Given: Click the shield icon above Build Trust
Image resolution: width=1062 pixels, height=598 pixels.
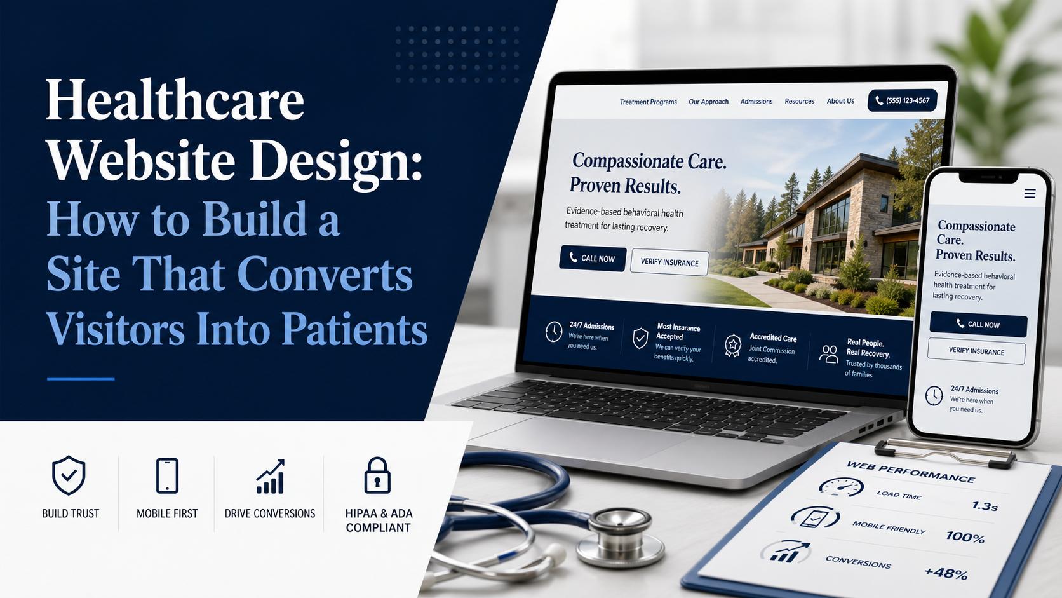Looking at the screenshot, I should pos(69,475).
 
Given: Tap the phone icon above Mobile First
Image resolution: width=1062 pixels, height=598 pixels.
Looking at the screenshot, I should pos(167,475).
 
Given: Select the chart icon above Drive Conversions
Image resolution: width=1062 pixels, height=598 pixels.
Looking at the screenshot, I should pos(270,477).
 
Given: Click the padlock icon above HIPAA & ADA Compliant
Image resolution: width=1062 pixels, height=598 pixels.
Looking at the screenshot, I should pos(377,475).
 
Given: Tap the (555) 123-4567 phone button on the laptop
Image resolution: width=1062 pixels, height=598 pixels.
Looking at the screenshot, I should pos(902,100).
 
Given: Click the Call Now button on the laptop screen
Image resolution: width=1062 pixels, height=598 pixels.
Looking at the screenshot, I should pos(593,258).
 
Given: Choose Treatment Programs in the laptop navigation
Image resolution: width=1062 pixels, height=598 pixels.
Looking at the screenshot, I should pos(648,102).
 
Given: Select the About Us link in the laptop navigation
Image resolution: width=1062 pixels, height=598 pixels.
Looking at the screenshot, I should pos(840,101).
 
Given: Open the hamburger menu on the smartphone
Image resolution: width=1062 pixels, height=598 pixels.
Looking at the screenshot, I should pos(1030,193).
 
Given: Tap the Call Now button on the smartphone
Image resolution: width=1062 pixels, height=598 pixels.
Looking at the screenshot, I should pos(978,324).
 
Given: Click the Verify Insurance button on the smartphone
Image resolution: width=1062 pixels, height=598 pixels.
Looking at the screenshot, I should pos(976,351).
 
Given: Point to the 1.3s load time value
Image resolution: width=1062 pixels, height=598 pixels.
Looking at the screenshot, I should pos(985,506).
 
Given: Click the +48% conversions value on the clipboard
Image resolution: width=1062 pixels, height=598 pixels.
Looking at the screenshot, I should pos(946,573).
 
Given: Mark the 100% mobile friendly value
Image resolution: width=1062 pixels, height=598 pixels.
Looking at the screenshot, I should pos(965,537).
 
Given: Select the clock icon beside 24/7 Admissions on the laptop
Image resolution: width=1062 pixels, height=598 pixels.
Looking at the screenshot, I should pos(554,331).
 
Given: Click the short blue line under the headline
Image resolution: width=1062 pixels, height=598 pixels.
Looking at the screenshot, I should pos(81,379).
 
